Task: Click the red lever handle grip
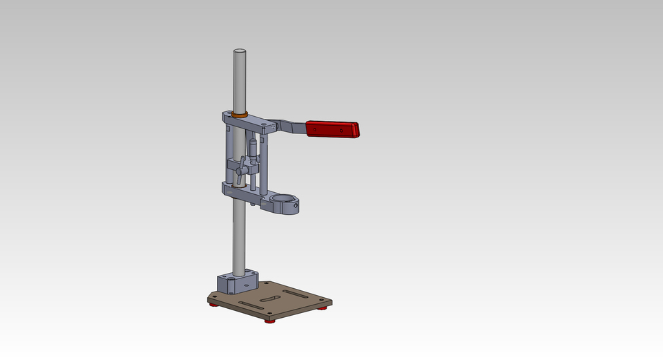point(334,129)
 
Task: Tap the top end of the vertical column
point(239,52)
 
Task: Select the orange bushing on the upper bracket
point(240,114)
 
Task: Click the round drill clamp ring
point(285,202)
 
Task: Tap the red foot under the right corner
point(323,308)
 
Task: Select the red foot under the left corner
point(214,305)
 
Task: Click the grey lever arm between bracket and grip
point(291,126)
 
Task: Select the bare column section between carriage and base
point(238,235)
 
